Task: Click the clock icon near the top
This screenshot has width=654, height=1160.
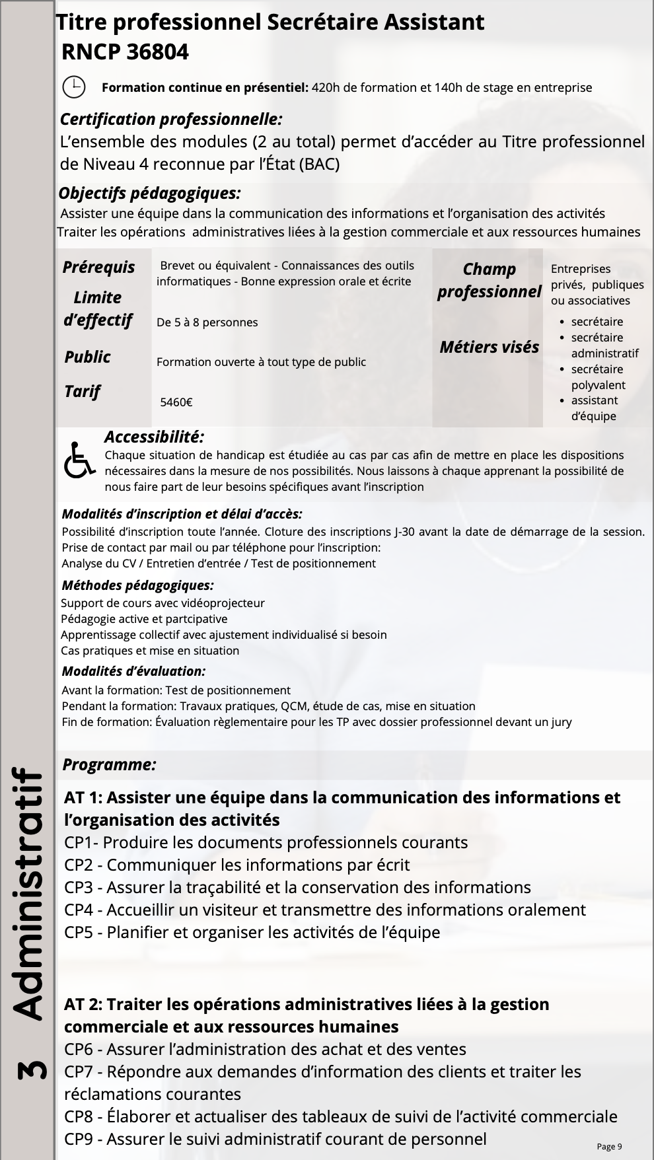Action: (x=74, y=87)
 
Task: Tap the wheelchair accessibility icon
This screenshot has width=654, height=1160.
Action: (x=79, y=460)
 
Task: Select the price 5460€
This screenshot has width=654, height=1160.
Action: (x=176, y=402)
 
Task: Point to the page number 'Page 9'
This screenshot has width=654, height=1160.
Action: (x=609, y=1147)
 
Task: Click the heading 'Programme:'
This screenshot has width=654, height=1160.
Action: (x=109, y=765)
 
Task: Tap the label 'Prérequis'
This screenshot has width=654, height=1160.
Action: (x=98, y=268)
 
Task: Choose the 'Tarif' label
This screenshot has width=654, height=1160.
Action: (x=82, y=392)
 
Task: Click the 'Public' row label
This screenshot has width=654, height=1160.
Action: (x=87, y=357)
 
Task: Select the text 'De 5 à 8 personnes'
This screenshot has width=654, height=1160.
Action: (x=207, y=322)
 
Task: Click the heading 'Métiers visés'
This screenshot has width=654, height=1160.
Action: (x=489, y=347)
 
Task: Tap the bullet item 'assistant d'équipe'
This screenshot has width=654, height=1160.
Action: (x=594, y=408)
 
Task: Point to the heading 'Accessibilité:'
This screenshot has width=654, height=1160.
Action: (x=154, y=437)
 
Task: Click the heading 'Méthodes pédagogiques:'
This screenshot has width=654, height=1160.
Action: (x=137, y=585)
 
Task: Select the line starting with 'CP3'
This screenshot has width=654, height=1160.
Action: (x=297, y=888)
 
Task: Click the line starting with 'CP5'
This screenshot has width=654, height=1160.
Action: (x=252, y=933)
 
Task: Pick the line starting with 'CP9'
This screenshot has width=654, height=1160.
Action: (x=275, y=1140)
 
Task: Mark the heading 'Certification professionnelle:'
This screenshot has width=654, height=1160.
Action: (x=171, y=120)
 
